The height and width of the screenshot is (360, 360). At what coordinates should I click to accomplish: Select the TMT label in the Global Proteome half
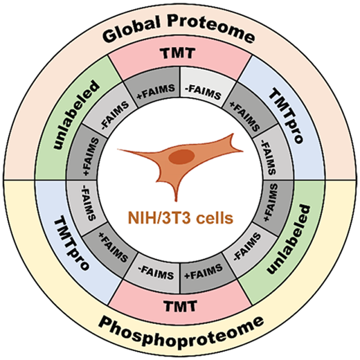click(178, 53)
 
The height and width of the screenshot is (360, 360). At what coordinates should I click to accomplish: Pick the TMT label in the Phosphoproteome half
click(180, 306)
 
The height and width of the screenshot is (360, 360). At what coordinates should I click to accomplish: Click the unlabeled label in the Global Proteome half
click(77, 115)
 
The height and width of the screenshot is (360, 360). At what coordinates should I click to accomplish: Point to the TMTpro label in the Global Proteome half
click(286, 116)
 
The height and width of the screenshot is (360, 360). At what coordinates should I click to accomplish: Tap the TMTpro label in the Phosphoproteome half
click(71, 244)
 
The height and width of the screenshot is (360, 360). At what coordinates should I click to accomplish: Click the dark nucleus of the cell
click(181, 157)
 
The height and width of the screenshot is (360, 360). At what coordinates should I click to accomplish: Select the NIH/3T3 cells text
click(181, 218)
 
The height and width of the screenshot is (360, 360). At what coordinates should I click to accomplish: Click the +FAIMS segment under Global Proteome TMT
click(156, 92)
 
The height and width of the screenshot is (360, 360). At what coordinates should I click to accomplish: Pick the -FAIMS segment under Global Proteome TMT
click(203, 92)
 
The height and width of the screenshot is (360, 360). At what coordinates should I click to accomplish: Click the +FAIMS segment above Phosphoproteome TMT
click(204, 272)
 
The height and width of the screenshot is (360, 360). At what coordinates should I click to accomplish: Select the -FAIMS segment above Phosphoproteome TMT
click(156, 272)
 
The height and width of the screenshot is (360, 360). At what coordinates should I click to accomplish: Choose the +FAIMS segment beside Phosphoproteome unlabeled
click(271, 203)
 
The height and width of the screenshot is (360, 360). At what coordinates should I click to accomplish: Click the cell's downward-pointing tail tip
click(177, 201)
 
